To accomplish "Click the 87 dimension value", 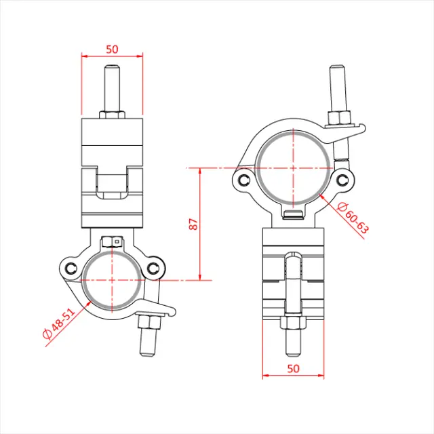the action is [194, 224].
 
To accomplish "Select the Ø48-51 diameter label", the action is [59, 323].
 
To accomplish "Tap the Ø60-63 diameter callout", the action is [353, 218].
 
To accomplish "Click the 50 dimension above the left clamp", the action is [112, 50].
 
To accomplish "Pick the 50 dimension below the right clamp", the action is [293, 368].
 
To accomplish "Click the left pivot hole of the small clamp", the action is [71, 269].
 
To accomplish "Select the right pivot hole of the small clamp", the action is [153, 268].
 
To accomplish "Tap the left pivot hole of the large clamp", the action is [244, 180].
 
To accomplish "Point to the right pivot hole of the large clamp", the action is [342, 180].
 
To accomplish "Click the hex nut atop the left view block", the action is [112, 115].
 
